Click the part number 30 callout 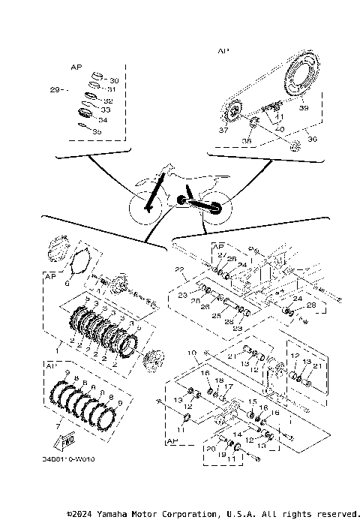tap(114, 80)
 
